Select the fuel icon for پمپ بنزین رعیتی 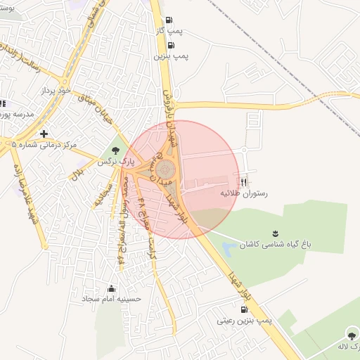tap(244, 309)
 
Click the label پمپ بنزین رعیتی tap(245, 321)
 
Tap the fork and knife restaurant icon tap(244, 181)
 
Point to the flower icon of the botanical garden tap(274, 233)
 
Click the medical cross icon tap(45, 133)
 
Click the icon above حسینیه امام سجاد tap(112, 288)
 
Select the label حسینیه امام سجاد tap(112, 299)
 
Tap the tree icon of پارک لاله tap(351, 334)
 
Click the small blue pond tap(229, 249)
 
